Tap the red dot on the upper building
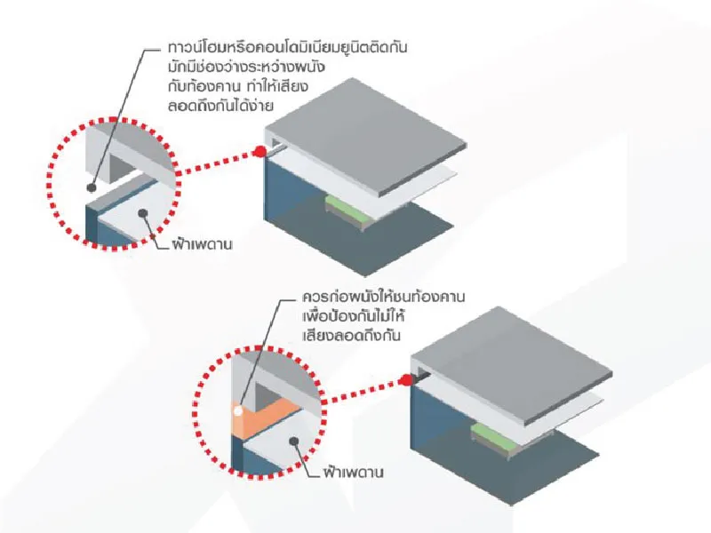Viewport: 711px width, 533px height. (259, 152)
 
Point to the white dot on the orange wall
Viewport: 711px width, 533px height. (237, 410)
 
